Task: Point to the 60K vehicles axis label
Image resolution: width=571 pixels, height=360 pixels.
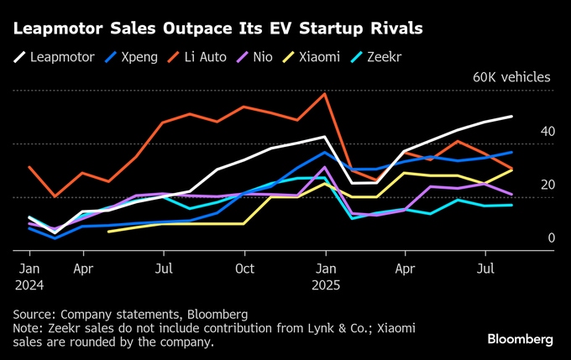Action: click(x=511, y=77)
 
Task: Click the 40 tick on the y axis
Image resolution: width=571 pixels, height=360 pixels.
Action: click(x=547, y=132)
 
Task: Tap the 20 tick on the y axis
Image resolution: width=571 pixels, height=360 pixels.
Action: click(x=547, y=185)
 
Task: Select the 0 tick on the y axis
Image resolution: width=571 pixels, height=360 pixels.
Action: click(x=552, y=238)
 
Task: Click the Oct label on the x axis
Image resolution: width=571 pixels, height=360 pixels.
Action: click(x=244, y=269)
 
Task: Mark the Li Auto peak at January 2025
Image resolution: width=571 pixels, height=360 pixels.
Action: click(x=324, y=94)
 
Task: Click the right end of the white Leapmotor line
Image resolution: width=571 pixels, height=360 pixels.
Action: click(x=511, y=117)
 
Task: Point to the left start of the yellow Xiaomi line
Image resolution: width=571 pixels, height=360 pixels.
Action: click(x=109, y=231)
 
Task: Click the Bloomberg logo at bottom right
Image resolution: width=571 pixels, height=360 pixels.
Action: click(x=520, y=339)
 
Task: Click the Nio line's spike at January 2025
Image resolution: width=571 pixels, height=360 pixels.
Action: click(x=324, y=167)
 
